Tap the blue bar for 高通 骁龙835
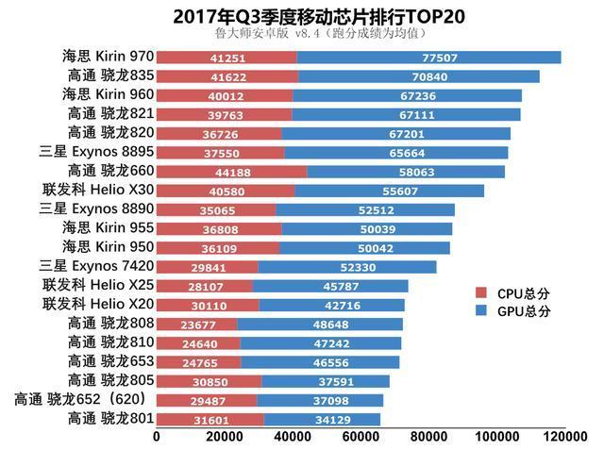pos(418,76)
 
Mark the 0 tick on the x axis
pos(156,437)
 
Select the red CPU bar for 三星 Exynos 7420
pos(207,267)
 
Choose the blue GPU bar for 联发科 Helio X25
pos(330,286)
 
